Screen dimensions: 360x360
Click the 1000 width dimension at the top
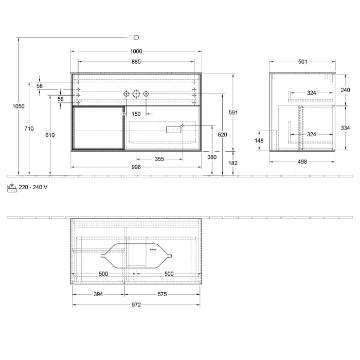pyautogui.click(x=136, y=51)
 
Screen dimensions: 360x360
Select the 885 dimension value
pyautogui.click(x=136, y=62)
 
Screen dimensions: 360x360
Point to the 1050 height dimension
pyautogui.click(x=19, y=106)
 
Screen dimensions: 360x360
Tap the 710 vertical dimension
pyautogui.click(x=29, y=129)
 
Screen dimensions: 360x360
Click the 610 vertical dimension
pyautogui.click(x=50, y=135)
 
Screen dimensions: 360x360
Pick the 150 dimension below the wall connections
pyautogui.click(x=136, y=114)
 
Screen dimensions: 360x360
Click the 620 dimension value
pyautogui.click(x=222, y=134)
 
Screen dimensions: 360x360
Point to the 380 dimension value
pyautogui.click(x=212, y=157)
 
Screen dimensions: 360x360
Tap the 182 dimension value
pyautogui.click(x=232, y=163)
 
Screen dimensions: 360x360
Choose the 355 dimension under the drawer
pyautogui.click(x=159, y=159)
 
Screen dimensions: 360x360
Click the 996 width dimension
pyautogui.click(x=136, y=167)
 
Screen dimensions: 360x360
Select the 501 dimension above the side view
pyautogui.click(x=302, y=62)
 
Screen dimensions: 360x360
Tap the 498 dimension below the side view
pyautogui.click(x=302, y=161)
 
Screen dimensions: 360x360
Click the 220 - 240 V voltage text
pyautogui.click(x=33, y=188)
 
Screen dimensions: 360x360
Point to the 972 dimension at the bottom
pyautogui.click(x=136, y=304)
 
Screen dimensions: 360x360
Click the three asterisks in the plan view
pyautogui.click(x=153, y=250)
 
